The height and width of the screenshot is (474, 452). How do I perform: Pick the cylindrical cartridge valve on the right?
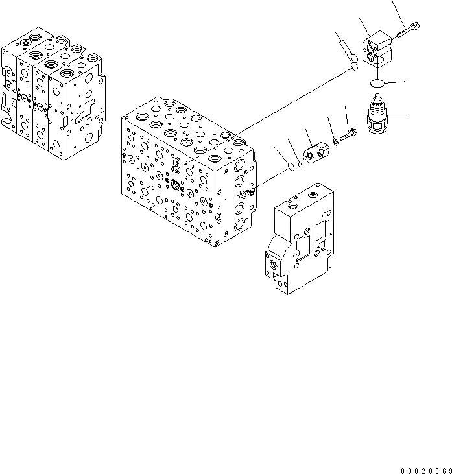click(x=377, y=118)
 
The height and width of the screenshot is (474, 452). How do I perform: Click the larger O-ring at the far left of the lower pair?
click(x=290, y=168)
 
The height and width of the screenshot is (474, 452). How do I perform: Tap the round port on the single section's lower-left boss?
click(x=270, y=265)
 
